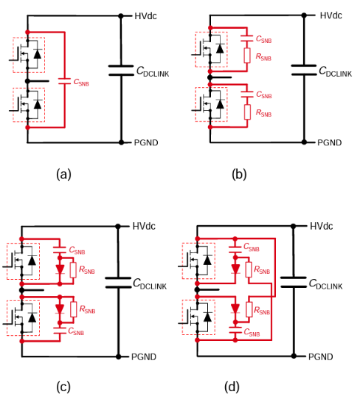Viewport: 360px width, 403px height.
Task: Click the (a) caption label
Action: coord(63,174)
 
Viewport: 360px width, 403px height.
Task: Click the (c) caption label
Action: coord(63,386)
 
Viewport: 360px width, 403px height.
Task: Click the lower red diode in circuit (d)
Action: coord(235,308)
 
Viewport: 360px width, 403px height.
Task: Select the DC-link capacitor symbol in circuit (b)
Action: coord(303,69)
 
